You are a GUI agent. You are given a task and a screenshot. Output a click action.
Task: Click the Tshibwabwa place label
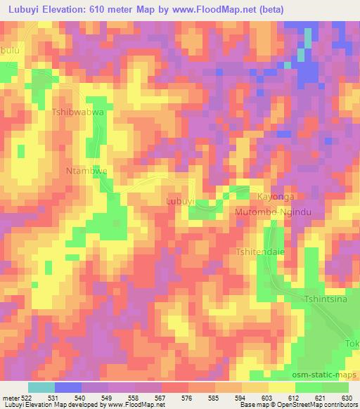tap(78, 112)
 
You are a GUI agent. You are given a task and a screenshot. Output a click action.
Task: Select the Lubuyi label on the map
tap(180, 202)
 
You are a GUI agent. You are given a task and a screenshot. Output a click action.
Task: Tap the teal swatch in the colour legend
tap(41, 387)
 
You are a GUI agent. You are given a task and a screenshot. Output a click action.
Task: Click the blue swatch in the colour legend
tap(68, 387)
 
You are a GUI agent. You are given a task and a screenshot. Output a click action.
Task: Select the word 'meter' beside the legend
tap(11, 397)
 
